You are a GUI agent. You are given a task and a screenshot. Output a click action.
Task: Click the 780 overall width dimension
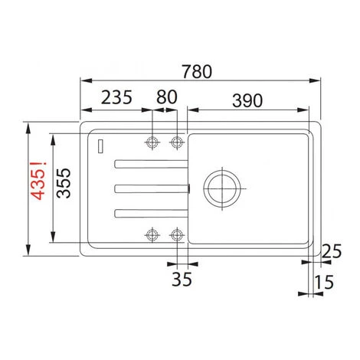[197, 71]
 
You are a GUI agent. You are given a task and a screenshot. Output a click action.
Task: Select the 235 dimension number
[116, 97]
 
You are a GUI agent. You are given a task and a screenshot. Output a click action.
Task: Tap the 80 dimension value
[167, 97]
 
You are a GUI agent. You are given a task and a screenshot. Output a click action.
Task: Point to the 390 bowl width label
[247, 100]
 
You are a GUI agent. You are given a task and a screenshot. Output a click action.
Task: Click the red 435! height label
[38, 181]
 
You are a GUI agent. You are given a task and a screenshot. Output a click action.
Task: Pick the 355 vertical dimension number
[64, 183]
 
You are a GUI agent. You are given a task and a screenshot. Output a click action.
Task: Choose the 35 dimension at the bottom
[182, 279]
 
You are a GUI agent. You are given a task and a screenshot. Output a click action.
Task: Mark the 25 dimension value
[332, 251]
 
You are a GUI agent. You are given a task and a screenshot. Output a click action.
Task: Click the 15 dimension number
[323, 282]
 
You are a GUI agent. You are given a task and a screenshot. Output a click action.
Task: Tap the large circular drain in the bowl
[222, 188]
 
